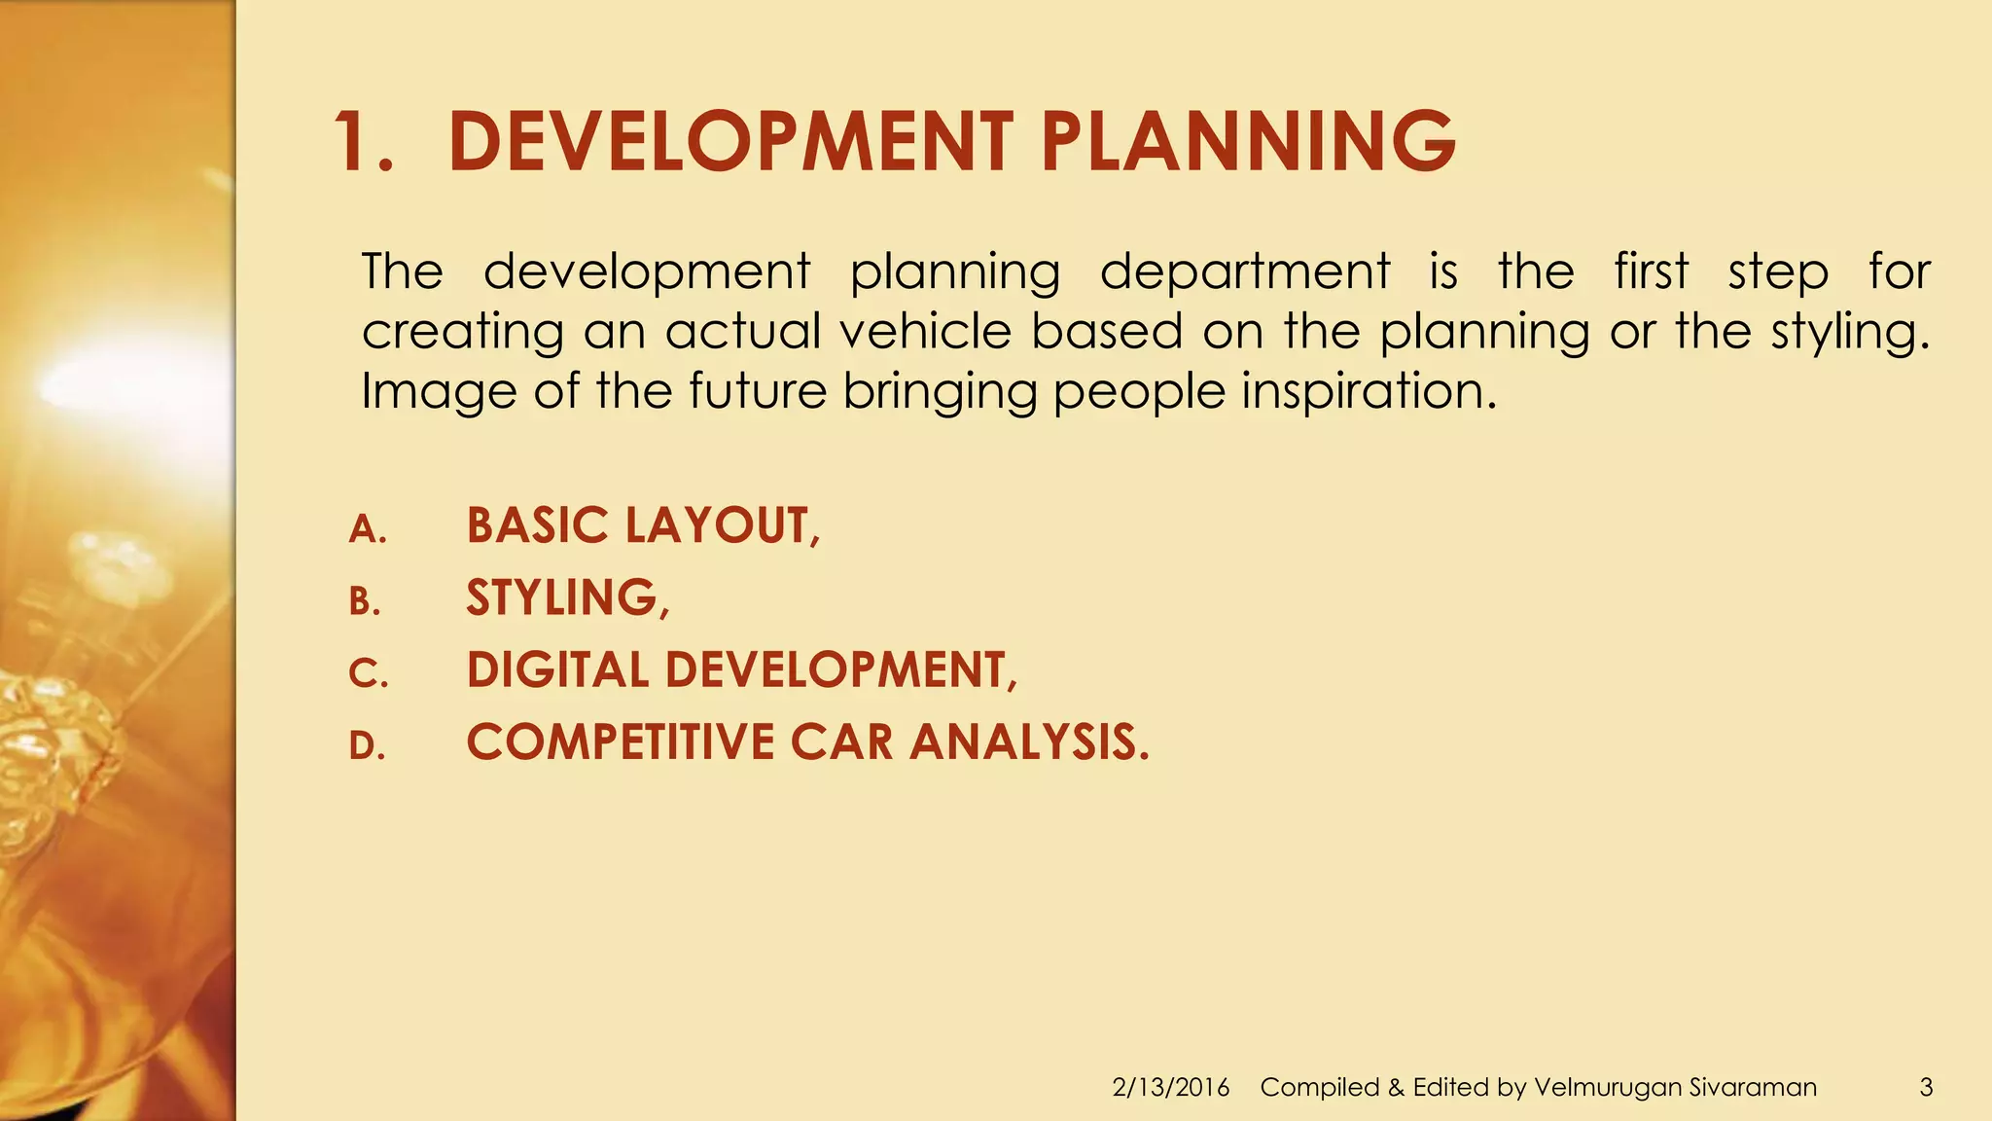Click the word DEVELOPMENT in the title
730,142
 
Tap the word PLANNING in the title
1248,142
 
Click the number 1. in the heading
365,142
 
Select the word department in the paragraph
1244,272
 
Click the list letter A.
368,529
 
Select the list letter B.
365,601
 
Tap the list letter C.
368,673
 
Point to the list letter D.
367,745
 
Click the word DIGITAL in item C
557,669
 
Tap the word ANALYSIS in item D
1028,741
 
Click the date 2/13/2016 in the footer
1170,1087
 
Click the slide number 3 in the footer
1926,1087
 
